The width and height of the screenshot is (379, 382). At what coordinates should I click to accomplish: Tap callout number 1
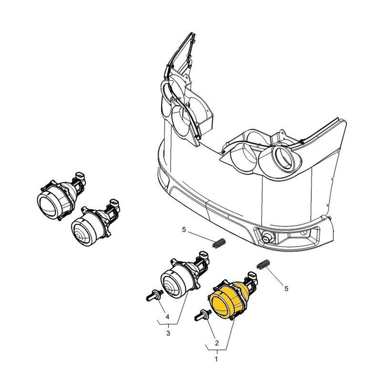click(216, 359)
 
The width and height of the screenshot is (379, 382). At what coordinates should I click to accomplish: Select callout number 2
click(217, 343)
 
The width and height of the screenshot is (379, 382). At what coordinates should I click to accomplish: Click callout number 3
click(168, 333)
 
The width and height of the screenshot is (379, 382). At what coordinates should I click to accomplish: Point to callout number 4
click(167, 317)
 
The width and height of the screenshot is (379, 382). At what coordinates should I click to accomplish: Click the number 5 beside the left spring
click(184, 230)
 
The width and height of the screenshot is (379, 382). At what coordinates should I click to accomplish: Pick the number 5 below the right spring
click(287, 288)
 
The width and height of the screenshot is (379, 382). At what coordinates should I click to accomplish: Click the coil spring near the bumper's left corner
click(219, 243)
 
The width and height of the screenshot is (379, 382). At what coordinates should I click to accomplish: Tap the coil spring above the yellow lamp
click(264, 265)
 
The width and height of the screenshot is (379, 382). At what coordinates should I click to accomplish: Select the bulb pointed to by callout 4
click(155, 296)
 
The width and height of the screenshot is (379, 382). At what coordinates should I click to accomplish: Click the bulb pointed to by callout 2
click(203, 315)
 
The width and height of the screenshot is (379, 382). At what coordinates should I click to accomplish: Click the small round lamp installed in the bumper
click(267, 236)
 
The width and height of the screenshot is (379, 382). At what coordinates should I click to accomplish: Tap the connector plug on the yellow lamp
click(253, 276)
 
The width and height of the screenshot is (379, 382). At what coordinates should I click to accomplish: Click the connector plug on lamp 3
click(205, 255)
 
